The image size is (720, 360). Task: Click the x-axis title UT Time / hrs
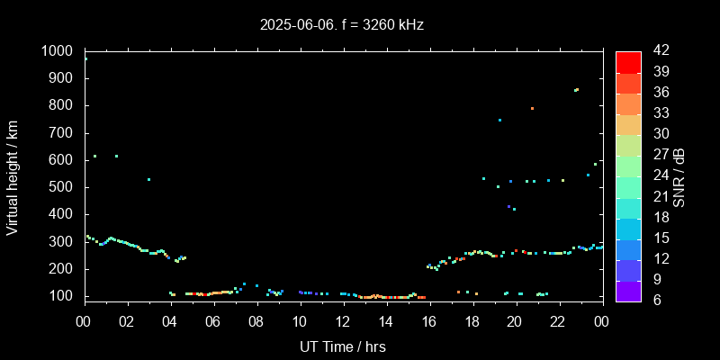(x=343, y=346)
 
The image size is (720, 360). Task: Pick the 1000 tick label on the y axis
(x=59, y=51)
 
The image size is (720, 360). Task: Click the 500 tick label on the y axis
(x=65, y=187)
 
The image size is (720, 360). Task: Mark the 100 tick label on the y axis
(x=65, y=296)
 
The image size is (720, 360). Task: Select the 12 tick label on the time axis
(x=343, y=321)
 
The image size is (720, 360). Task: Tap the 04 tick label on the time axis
(x=171, y=321)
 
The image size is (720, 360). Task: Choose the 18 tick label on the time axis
(x=472, y=321)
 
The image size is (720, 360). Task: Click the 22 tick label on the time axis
(x=558, y=321)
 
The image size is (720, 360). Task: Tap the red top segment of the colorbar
(x=628, y=61)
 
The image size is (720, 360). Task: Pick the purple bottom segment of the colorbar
(x=628, y=291)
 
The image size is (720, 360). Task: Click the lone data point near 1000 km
(x=86, y=58)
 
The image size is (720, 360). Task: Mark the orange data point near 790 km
(x=532, y=108)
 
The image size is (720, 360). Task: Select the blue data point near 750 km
(x=499, y=120)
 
